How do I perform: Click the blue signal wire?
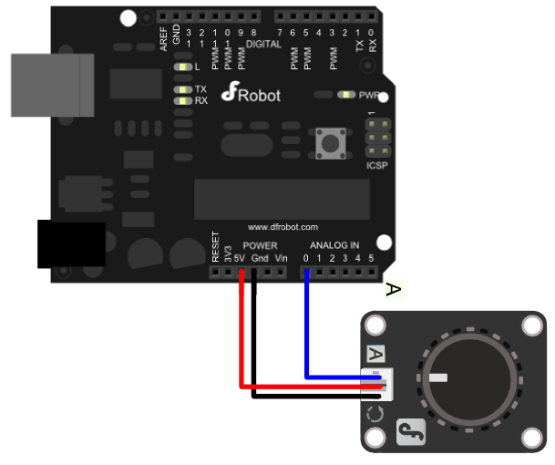coord(306,328)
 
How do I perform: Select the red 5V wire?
coord(241,337)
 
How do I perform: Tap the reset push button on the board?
coord(327,143)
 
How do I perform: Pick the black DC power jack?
coord(69,243)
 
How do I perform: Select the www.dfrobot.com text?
coord(283,226)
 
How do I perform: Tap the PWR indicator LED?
coord(346,94)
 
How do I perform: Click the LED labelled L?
coord(183,67)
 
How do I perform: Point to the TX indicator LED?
coord(183,89)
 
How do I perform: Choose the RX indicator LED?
coord(183,100)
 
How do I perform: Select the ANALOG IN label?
coord(334,246)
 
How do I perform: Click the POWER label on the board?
coord(261,246)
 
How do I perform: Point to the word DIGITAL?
coord(263,43)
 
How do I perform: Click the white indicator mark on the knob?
coord(438,377)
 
